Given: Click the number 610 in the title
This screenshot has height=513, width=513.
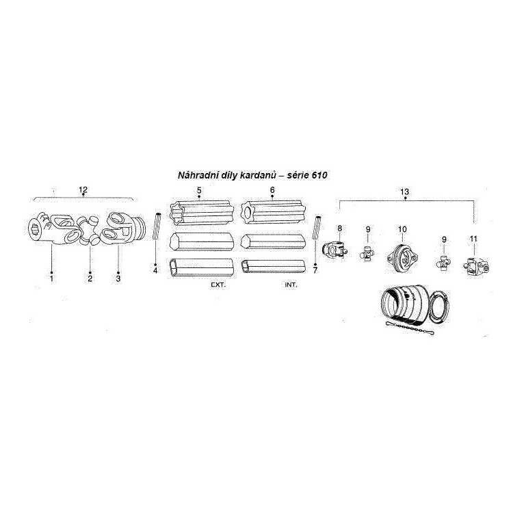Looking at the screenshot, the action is coord(319,175).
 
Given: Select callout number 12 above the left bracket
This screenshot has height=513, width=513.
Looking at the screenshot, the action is coord(83,189).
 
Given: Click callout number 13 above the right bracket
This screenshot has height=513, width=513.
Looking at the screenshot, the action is coord(405,192).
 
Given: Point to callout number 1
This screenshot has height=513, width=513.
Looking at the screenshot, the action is coord(51,279).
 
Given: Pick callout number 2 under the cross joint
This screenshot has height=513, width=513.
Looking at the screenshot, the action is coord(90,278).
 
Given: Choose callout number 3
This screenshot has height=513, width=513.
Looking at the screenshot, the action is coord(118,278).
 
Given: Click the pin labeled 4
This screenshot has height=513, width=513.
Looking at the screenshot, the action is coord(157,226).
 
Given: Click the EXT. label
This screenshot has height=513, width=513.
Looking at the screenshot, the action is coord(218,285).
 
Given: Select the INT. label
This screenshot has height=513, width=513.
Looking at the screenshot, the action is coord(291,285).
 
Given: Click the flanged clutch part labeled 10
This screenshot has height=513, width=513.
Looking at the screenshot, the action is coord(402,257).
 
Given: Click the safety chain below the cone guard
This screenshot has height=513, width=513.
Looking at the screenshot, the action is coord(410,328).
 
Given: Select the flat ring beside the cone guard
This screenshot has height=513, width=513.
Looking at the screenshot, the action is coord(438,307).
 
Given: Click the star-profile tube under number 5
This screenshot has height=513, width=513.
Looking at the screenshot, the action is coord(202,214).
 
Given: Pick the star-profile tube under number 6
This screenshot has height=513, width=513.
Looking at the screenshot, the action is coord(273,214).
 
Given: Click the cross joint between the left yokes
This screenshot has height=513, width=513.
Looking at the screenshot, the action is coord(89,231).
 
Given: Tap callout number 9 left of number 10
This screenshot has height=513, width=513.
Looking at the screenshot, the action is coord(368,230).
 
